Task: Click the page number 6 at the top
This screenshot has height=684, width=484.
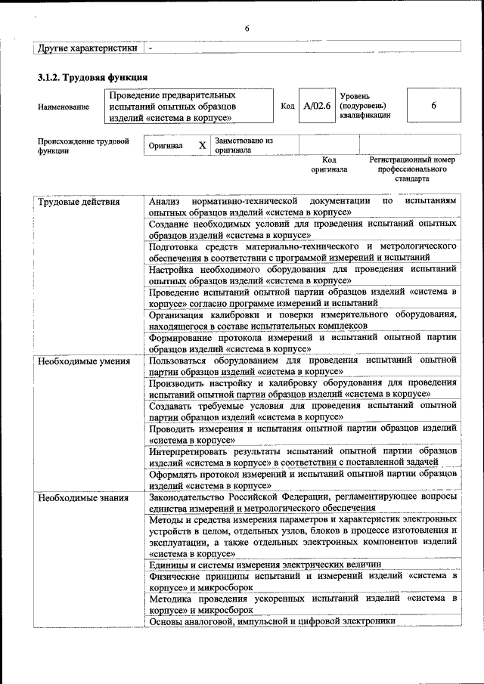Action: [247, 29]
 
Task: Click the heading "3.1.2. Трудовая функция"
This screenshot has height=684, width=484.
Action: [92, 78]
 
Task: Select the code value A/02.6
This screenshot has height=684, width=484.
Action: [317, 106]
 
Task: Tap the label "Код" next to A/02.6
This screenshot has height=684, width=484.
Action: [287, 106]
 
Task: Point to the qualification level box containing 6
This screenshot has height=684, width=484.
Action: [433, 106]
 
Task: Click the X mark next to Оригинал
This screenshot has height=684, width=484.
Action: [202, 144]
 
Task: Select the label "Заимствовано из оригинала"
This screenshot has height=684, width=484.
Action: [244, 145]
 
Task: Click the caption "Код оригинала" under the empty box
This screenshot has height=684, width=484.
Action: [329, 165]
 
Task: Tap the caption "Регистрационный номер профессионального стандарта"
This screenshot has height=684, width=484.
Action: [412, 169]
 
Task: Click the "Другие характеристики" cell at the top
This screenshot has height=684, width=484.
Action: [88, 48]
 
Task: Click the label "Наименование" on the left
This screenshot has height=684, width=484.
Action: [63, 107]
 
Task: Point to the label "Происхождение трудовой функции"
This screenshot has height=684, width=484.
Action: [83, 145]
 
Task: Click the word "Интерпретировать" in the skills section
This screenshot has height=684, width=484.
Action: [187, 451]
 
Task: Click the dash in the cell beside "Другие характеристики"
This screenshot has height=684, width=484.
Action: [150, 48]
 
